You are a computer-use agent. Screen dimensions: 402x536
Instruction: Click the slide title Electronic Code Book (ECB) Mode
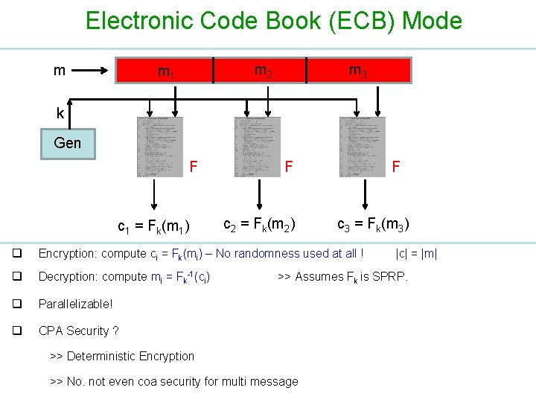tap(273, 21)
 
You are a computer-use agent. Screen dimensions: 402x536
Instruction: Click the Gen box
tap(68, 143)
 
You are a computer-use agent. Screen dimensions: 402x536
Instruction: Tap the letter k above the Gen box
tap(60, 114)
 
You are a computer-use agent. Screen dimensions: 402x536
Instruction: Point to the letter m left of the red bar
tap(60, 71)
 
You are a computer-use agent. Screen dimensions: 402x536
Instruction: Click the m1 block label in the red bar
tap(165, 72)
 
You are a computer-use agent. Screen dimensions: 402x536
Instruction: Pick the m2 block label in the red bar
tap(263, 71)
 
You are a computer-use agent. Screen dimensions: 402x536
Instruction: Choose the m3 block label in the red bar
tap(357, 71)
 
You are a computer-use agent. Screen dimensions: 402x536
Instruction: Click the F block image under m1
tap(159, 147)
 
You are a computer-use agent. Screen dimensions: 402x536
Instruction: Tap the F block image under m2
tap(258, 147)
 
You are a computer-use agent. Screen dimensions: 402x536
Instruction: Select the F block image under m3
tap(363, 147)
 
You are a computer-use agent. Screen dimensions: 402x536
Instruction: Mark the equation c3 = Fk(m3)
tap(373, 223)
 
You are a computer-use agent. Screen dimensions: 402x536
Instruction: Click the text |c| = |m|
tap(416, 254)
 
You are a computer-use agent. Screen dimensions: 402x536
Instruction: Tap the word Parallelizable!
tap(75, 304)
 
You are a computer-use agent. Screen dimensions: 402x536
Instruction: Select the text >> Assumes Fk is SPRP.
tap(342, 277)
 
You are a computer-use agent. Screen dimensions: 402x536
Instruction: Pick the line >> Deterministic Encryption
tap(122, 356)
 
